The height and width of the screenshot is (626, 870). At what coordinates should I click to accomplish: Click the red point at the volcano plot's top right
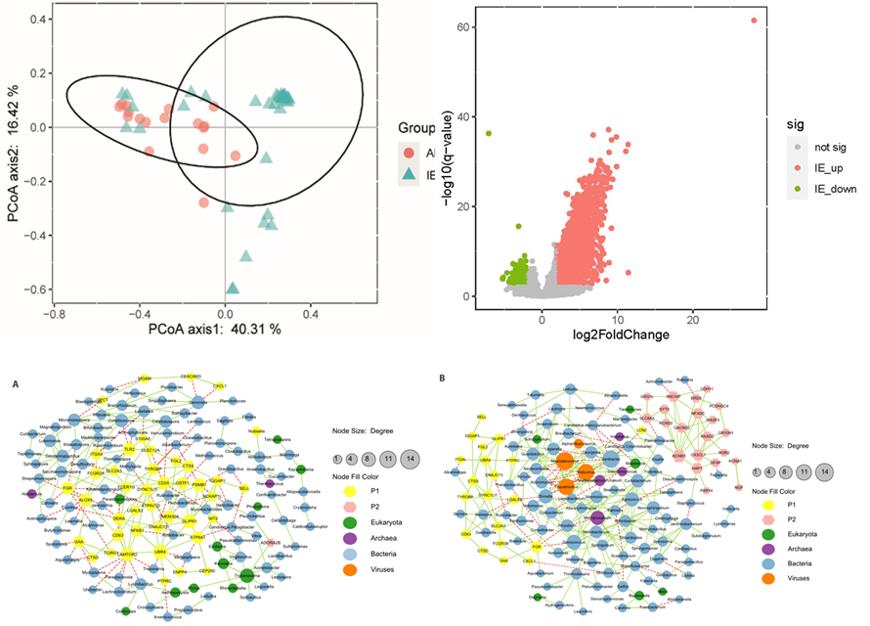[754, 21]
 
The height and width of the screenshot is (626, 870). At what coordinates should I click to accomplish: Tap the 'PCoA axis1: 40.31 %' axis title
[214, 329]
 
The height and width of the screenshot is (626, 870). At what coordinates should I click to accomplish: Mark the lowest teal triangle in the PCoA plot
[233, 288]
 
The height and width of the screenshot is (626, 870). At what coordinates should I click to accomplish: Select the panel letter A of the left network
[15, 384]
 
